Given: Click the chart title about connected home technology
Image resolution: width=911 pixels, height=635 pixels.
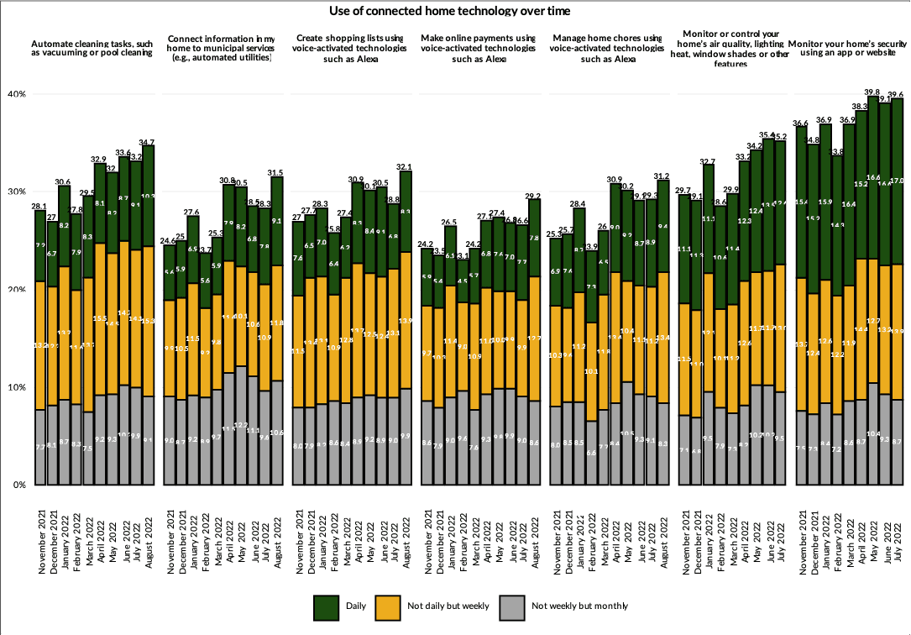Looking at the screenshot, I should click(455, 11).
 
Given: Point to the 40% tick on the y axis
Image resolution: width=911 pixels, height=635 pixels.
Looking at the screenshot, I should click(18, 94).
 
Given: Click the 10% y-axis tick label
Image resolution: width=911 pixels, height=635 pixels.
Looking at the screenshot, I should click(18, 387).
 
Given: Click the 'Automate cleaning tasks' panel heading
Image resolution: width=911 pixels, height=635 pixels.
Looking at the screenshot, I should click(92, 47).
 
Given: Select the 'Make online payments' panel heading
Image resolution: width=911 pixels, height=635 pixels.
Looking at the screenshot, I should click(478, 49).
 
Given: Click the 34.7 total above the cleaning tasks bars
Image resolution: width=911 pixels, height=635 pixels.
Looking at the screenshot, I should click(149, 142).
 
